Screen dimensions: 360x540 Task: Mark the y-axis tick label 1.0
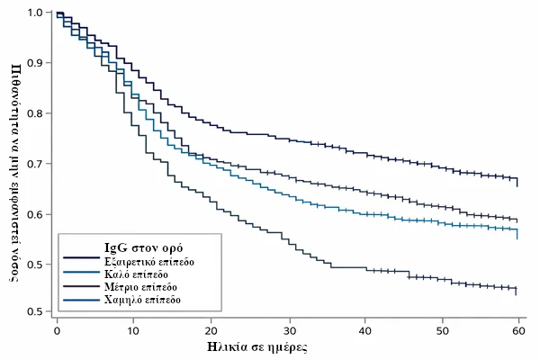coord(35,13)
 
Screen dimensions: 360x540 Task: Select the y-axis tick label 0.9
coord(35,64)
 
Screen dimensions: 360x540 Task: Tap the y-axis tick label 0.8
coord(35,114)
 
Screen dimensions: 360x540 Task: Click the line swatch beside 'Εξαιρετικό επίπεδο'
coord(80,261)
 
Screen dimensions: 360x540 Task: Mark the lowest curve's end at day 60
coord(517,290)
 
